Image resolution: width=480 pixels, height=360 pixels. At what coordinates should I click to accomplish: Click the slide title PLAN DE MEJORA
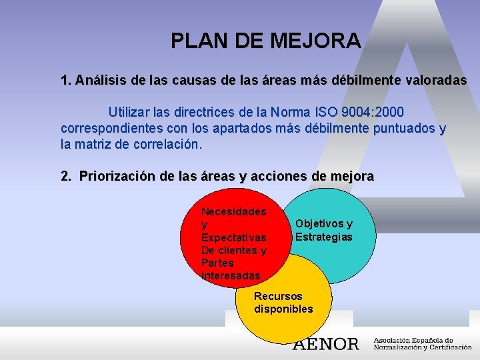265,41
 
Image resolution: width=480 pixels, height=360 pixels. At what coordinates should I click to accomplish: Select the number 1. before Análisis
65,81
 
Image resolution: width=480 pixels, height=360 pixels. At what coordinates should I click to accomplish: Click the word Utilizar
133,111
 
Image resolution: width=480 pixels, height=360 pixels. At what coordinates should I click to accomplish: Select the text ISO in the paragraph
339,111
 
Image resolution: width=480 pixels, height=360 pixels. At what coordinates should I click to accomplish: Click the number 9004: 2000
382,111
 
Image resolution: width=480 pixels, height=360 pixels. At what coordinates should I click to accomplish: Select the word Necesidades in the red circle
233,212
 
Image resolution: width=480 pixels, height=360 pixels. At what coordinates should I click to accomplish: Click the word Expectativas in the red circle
233,237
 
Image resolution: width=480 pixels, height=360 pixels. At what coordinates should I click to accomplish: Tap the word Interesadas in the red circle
231,275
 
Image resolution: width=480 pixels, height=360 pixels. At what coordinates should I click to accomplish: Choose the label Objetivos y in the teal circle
324,224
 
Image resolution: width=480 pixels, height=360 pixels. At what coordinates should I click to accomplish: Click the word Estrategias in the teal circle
324,237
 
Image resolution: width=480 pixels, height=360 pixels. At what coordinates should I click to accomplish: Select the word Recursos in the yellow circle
278,296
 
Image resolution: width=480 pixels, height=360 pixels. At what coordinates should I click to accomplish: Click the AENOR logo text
326,344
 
